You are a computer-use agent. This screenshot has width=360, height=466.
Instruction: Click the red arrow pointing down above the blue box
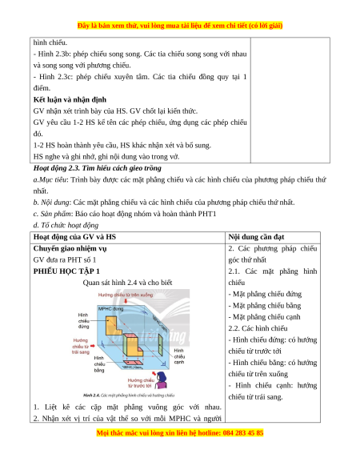click(x=126, y=301)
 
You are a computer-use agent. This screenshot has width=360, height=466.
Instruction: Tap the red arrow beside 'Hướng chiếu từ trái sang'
click(x=92, y=346)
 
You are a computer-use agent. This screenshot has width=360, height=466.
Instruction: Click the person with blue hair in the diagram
click(x=162, y=380)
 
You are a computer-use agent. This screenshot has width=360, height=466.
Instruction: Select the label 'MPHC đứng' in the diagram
click(x=110, y=309)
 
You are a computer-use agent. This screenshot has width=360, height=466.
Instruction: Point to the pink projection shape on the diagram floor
click(x=134, y=363)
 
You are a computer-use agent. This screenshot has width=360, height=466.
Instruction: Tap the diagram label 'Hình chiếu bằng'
click(x=99, y=364)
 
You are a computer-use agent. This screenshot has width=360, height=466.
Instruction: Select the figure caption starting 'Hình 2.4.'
click(x=129, y=396)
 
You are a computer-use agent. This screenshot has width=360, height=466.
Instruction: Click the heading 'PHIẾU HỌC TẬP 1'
click(x=66, y=271)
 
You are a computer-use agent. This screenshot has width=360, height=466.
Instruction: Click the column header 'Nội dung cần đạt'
click(x=256, y=237)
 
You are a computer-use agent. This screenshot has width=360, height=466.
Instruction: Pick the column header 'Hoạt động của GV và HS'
click(x=74, y=237)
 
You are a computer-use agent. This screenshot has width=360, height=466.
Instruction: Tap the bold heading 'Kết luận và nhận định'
click(x=70, y=99)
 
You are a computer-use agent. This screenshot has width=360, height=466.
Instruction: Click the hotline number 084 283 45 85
click(x=243, y=432)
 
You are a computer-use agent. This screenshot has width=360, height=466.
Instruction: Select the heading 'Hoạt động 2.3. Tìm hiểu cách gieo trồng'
click(x=98, y=168)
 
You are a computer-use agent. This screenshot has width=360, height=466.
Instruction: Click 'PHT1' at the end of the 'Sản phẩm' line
click(x=207, y=214)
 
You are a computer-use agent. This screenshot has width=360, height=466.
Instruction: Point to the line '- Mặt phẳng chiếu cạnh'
click(x=264, y=317)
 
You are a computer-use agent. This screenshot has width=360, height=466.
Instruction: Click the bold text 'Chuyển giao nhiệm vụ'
click(x=70, y=248)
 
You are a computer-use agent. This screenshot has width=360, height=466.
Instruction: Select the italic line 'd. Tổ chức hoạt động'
click(x=66, y=225)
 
